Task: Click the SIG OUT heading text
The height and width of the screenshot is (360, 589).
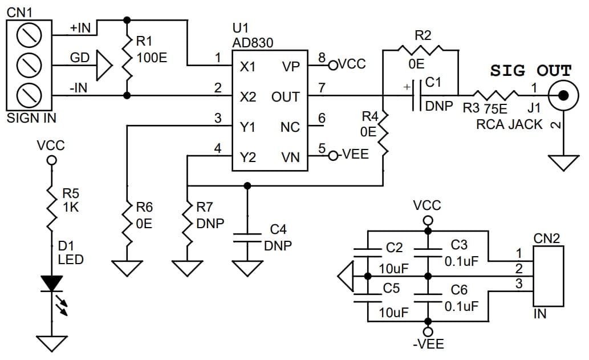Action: point(530,71)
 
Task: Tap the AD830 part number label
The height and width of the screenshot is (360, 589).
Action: point(253,43)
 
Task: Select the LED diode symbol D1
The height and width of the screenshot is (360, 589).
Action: point(51,284)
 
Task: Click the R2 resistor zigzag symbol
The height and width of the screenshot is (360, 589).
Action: point(420,50)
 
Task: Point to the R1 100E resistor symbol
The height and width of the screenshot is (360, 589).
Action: point(127,58)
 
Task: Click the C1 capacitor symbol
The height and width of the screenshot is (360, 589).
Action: point(417,95)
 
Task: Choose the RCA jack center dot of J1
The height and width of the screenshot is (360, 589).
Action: point(563,95)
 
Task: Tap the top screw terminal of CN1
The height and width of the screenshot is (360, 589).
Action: point(29,36)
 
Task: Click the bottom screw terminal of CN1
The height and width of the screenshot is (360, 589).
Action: point(29,95)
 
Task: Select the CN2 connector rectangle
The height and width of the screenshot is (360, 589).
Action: point(548,276)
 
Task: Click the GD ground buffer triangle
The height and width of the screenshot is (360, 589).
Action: point(104,66)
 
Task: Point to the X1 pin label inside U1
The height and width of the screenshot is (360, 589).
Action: point(247,67)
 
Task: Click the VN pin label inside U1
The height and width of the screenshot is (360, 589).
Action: point(290,157)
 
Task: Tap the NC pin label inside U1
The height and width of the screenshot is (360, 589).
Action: point(290,127)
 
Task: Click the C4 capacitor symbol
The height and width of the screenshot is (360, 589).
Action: point(247,238)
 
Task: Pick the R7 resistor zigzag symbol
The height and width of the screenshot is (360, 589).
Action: point(186,224)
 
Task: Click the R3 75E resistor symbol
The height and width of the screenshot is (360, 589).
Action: point(495,95)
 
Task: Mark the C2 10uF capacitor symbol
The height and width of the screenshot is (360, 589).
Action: point(368,253)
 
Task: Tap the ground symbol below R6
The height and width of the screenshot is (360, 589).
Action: point(127,268)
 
